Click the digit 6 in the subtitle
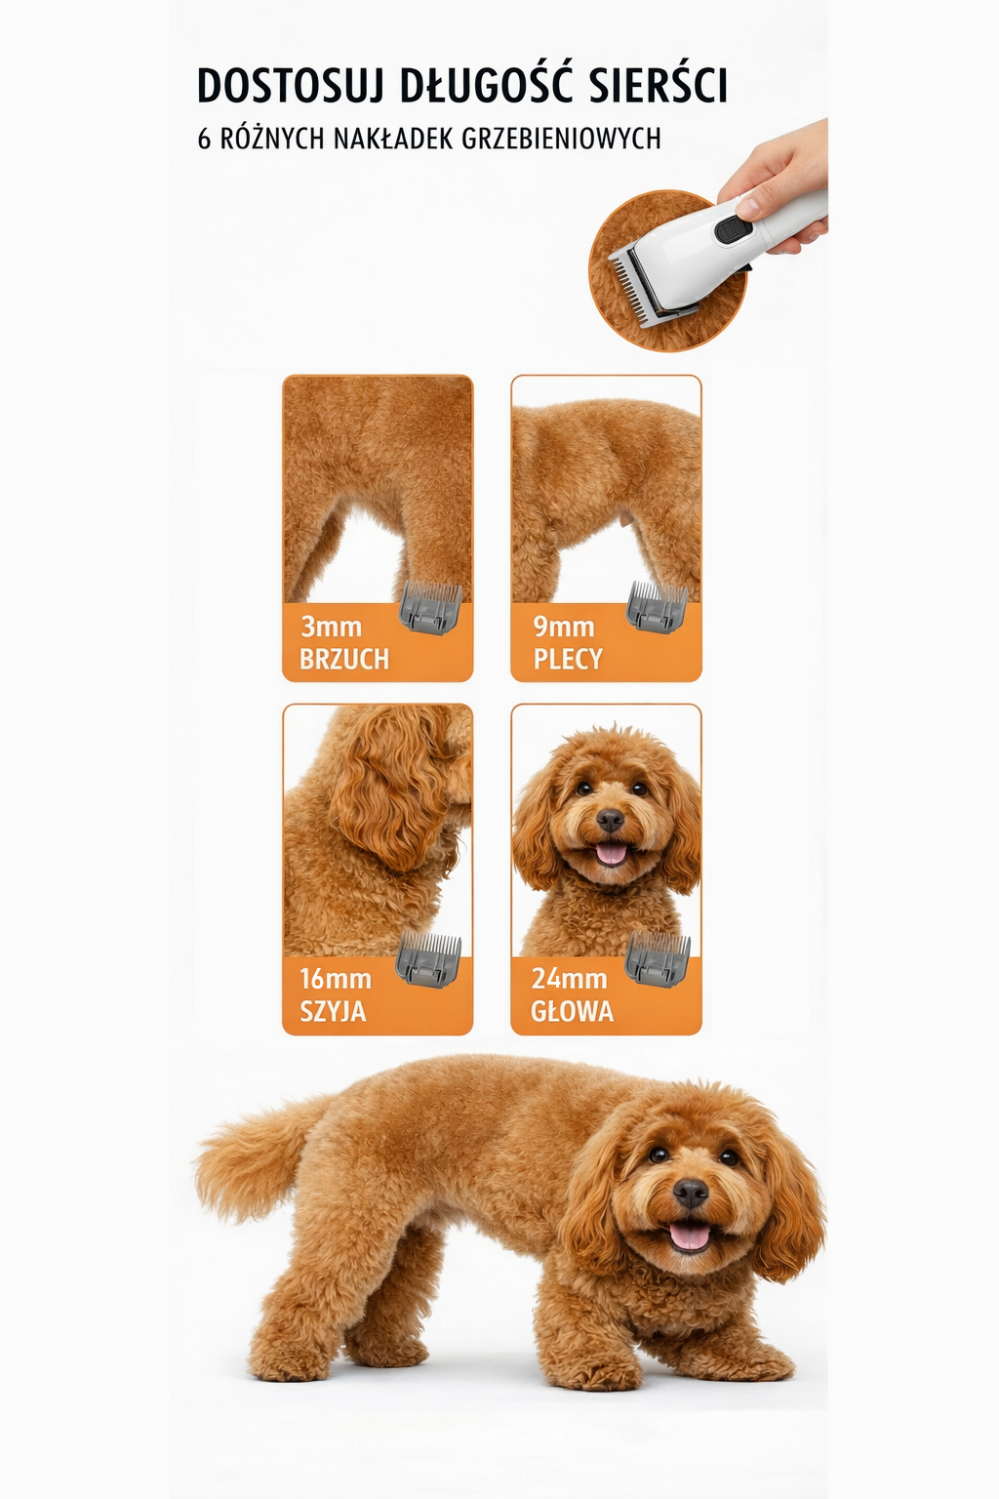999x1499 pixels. coord(204,139)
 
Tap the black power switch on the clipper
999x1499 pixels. coord(732,230)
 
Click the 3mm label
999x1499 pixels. coord(331,627)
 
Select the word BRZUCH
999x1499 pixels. coord(343,659)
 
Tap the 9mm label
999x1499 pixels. coord(563,627)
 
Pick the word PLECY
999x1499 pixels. coord(567,659)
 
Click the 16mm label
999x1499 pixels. coord(335,978)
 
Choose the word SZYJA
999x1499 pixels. coord(333,1011)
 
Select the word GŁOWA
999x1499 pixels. coord(572,1011)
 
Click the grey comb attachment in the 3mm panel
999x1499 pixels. coord(430,606)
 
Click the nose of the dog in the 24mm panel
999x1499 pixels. coord(610,820)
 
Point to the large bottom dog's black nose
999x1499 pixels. coord(691,1192)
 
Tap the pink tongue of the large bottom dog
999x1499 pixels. coord(690,1236)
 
